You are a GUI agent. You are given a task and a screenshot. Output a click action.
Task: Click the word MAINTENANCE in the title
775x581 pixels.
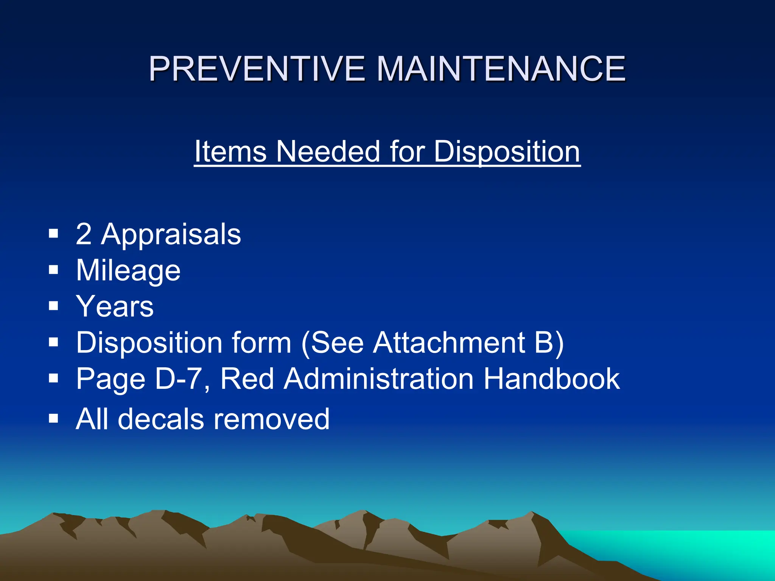[x=501, y=69]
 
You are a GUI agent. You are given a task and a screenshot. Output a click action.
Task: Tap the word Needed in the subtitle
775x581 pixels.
[x=328, y=152]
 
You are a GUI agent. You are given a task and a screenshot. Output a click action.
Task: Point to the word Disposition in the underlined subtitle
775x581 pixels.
[x=507, y=152]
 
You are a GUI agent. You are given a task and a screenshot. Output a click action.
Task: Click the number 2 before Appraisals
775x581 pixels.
[x=84, y=234]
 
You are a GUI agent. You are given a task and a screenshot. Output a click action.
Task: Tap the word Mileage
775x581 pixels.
[x=128, y=271]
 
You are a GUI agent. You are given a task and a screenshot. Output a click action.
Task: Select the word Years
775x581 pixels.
[x=115, y=306]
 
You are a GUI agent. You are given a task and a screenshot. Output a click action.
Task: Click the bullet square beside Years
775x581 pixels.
[x=53, y=306]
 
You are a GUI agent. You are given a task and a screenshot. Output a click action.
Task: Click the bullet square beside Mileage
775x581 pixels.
[x=53, y=270]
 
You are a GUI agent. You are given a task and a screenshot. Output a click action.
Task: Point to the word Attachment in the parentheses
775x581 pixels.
[x=449, y=343]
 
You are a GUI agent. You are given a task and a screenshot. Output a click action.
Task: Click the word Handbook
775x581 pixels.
[x=552, y=379]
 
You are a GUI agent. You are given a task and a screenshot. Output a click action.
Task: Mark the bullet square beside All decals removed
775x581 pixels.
[x=53, y=418]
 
